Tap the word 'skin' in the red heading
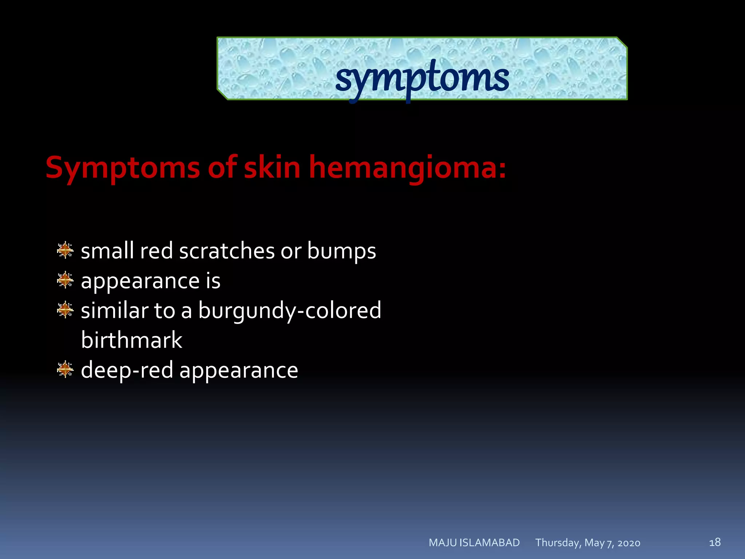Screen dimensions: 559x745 coord(272,167)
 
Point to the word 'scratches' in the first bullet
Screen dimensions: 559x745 coord(227,251)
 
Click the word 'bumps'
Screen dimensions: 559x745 coord(341,252)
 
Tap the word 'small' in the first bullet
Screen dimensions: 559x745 coord(107,251)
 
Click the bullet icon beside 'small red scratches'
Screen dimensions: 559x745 coord(65,250)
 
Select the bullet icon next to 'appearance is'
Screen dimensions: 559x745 coord(65,280)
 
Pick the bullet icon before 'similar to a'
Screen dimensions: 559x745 coord(65,310)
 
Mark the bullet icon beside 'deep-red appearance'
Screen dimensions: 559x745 coord(65,369)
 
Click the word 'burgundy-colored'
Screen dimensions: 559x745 coord(290,311)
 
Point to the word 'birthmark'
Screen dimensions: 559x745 coord(131,340)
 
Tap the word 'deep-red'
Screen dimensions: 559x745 coord(127,370)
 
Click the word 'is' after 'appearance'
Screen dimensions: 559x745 coord(213,281)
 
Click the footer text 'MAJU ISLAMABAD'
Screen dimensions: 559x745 coord(474,543)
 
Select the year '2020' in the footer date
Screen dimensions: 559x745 coord(629,543)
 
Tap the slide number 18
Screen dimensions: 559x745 coord(715,542)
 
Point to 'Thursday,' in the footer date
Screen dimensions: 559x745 coord(558,543)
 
